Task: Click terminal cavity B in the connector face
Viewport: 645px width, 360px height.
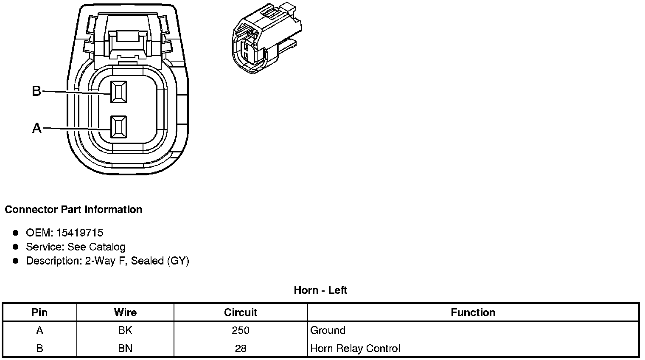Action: click(118, 91)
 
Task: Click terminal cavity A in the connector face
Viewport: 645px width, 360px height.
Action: click(118, 127)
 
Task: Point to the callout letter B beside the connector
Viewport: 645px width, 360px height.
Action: click(37, 91)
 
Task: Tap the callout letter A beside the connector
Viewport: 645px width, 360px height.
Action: click(37, 128)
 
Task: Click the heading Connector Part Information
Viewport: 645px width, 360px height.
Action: click(73, 210)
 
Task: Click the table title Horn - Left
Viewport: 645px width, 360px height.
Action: click(320, 290)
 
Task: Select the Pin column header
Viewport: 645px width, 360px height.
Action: click(39, 313)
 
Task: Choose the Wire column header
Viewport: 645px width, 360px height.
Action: click(125, 313)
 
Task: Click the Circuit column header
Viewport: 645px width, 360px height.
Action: click(241, 313)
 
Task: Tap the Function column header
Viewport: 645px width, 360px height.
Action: click(473, 313)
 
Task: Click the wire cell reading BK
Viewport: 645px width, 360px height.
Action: click(125, 330)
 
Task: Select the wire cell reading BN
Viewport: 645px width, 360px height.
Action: click(125, 349)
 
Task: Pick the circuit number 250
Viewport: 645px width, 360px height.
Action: click(241, 330)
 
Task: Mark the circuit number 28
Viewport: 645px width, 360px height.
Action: click(241, 349)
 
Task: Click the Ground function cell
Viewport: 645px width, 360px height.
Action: click(328, 330)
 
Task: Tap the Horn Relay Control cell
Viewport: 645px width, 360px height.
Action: click(355, 349)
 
